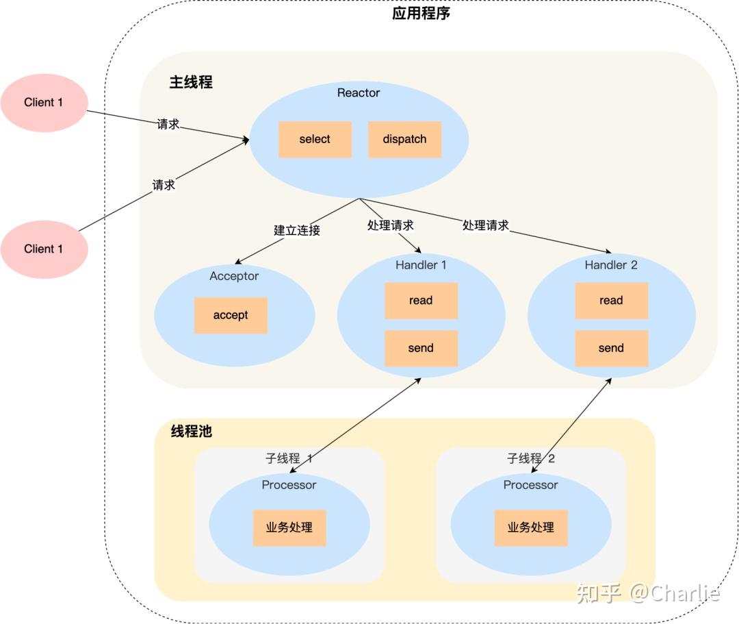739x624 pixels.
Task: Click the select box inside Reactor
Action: pyautogui.click(x=315, y=139)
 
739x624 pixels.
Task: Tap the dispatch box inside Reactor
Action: pyautogui.click(x=404, y=139)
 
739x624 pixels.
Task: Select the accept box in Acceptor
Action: pyautogui.click(x=231, y=315)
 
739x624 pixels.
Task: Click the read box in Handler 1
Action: pyautogui.click(x=421, y=300)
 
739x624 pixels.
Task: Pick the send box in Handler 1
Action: pyautogui.click(x=421, y=348)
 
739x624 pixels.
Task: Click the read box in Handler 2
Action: pyautogui.click(x=611, y=300)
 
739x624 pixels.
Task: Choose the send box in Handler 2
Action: pyautogui.click(x=611, y=348)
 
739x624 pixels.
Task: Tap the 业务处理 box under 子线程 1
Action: pyautogui.click(x=289, y=527)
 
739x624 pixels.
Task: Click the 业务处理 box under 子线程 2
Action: pyautogui.click(x=531, y=527)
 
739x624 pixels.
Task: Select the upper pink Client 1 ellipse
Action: pyautogui.click(x=44, y=103)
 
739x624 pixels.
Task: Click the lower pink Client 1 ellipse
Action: pyautogui.click(x=44, y=249)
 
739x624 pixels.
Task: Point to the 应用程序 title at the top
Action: pyautogui.click(x=421, y=14)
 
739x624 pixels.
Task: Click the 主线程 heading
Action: pyautogui.click(x=191, y=82)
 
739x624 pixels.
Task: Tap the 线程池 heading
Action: pyautogui.click(x=191, y=432)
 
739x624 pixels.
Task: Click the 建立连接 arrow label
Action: pyautogui.click(x=297, y=230)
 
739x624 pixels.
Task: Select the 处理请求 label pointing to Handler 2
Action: pyautogui.click(x=485, y=225)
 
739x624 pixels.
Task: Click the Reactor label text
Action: pyautogui.click(x=359, y=92)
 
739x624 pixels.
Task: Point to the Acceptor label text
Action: pyautogui.click(x=234, y=276)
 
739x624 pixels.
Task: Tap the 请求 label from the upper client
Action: pyautogui.click(x=168, y=124)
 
